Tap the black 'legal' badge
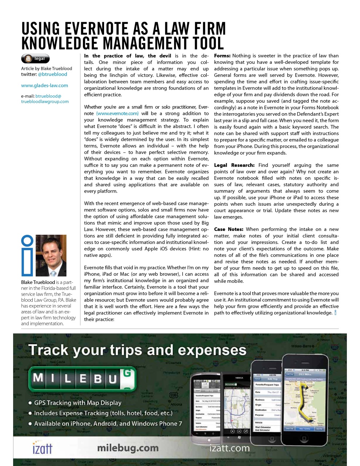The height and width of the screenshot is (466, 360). (x=35, y=59)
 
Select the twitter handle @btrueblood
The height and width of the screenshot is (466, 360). (x=52, y=74)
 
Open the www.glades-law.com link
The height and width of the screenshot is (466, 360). (x=44, y=86)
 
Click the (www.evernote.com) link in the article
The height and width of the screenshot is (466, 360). (x=117, y=114)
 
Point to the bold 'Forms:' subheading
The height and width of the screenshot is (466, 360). (x=222, y=56)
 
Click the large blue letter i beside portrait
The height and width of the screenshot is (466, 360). (x=28, y=256)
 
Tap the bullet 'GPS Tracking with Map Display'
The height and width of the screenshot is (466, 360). (x=77, y=403)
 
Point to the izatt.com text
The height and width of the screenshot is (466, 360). (x=230, y=448)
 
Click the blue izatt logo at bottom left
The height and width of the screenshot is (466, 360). (x=42, y=448)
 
